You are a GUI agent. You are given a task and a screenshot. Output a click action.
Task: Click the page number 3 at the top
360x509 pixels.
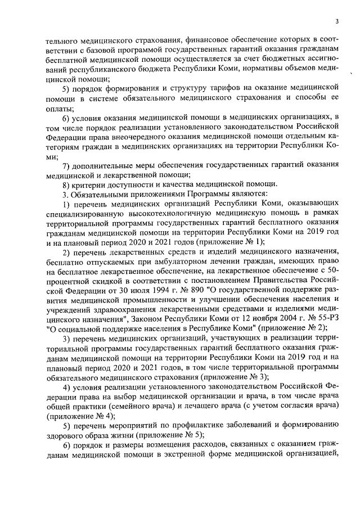tap(336, 21)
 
